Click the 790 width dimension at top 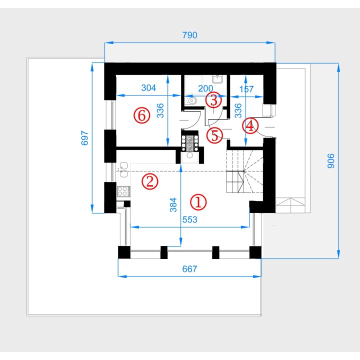tap(189, 35)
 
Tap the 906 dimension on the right tap(331, 161)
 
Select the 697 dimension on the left tap(84, 138)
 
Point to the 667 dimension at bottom tap(189, 269)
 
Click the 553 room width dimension tap(190, 219)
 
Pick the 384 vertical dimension tap(173, 205)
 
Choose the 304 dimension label tap(148, 87)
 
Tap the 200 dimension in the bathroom tap(205, 88)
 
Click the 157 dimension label tap(246, 89)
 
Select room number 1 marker tap(198, 202)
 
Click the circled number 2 tap(150, 181)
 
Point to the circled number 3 tap(214, 100)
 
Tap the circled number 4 tap(250, 126)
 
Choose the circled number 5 tap(214, 135)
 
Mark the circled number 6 tap(142, 115)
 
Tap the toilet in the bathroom tap(191, 100)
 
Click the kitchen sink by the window tap(124, 169)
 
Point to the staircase tap(244, 171)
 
